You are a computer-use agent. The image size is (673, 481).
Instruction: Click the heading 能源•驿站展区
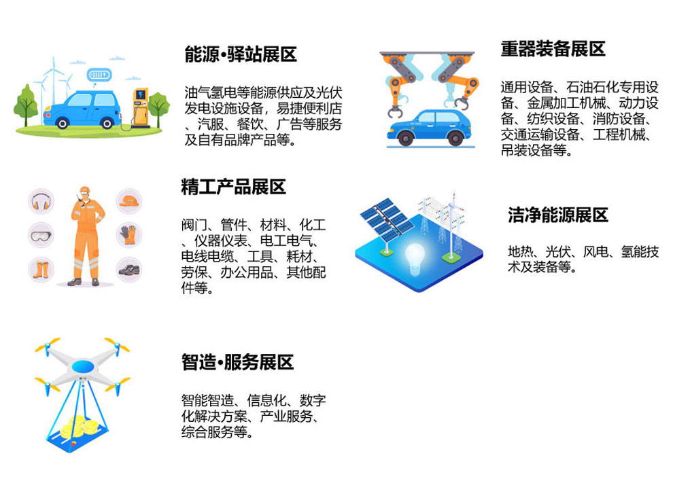(241, 54)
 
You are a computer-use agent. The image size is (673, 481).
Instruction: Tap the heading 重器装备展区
(553, 49)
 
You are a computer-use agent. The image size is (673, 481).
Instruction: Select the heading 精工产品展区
(233, 187)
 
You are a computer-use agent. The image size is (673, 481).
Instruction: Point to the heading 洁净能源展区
(558, 215)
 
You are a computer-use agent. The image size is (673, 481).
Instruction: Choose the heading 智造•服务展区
(237, 362)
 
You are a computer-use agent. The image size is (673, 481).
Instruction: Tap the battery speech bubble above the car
(99, 76)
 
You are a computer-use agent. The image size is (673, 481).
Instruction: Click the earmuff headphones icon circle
(41, 202)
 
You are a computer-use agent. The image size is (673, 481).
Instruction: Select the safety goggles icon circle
(41, 235)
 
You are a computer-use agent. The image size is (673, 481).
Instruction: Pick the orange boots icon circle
(41, 270)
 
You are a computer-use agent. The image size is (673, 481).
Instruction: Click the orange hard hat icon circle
(129, 201)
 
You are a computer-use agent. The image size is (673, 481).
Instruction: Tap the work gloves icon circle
(129, 235)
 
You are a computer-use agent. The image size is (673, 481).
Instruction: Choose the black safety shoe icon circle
(129, 270)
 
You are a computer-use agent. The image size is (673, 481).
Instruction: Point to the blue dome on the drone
(82, 366)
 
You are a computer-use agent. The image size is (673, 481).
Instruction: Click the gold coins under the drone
(80, 427)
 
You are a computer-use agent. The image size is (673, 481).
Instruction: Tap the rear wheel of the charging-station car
(63, 124)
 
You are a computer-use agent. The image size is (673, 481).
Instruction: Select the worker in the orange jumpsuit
(87, 236)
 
